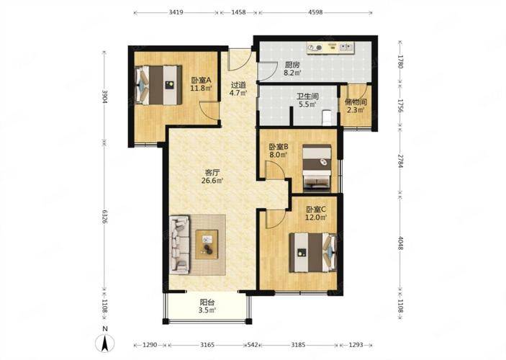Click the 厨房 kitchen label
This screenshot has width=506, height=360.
point(292,64)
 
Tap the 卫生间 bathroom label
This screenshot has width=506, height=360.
point(307,96)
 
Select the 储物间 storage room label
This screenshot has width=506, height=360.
point(356,102)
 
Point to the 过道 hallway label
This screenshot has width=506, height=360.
point(238,85)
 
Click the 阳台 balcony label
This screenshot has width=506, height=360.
point(207,302)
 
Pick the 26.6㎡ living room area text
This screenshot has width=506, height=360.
point(212,181)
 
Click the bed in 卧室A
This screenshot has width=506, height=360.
point(158,85)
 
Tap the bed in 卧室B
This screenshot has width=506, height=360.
point(317,168)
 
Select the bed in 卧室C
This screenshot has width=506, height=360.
point(312,253)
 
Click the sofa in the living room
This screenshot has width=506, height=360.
point(180,245)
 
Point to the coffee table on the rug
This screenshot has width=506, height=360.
point(207,244)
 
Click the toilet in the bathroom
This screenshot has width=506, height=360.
point(327,117)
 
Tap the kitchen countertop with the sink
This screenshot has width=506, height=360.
point(330,48)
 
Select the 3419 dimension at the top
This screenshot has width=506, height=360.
point(176,12)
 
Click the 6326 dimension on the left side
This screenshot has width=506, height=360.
point(104,216)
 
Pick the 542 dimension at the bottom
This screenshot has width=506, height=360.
point(253,345)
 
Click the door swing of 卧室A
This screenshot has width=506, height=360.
point(209,112)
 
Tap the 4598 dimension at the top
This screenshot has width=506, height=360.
point(315,12)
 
